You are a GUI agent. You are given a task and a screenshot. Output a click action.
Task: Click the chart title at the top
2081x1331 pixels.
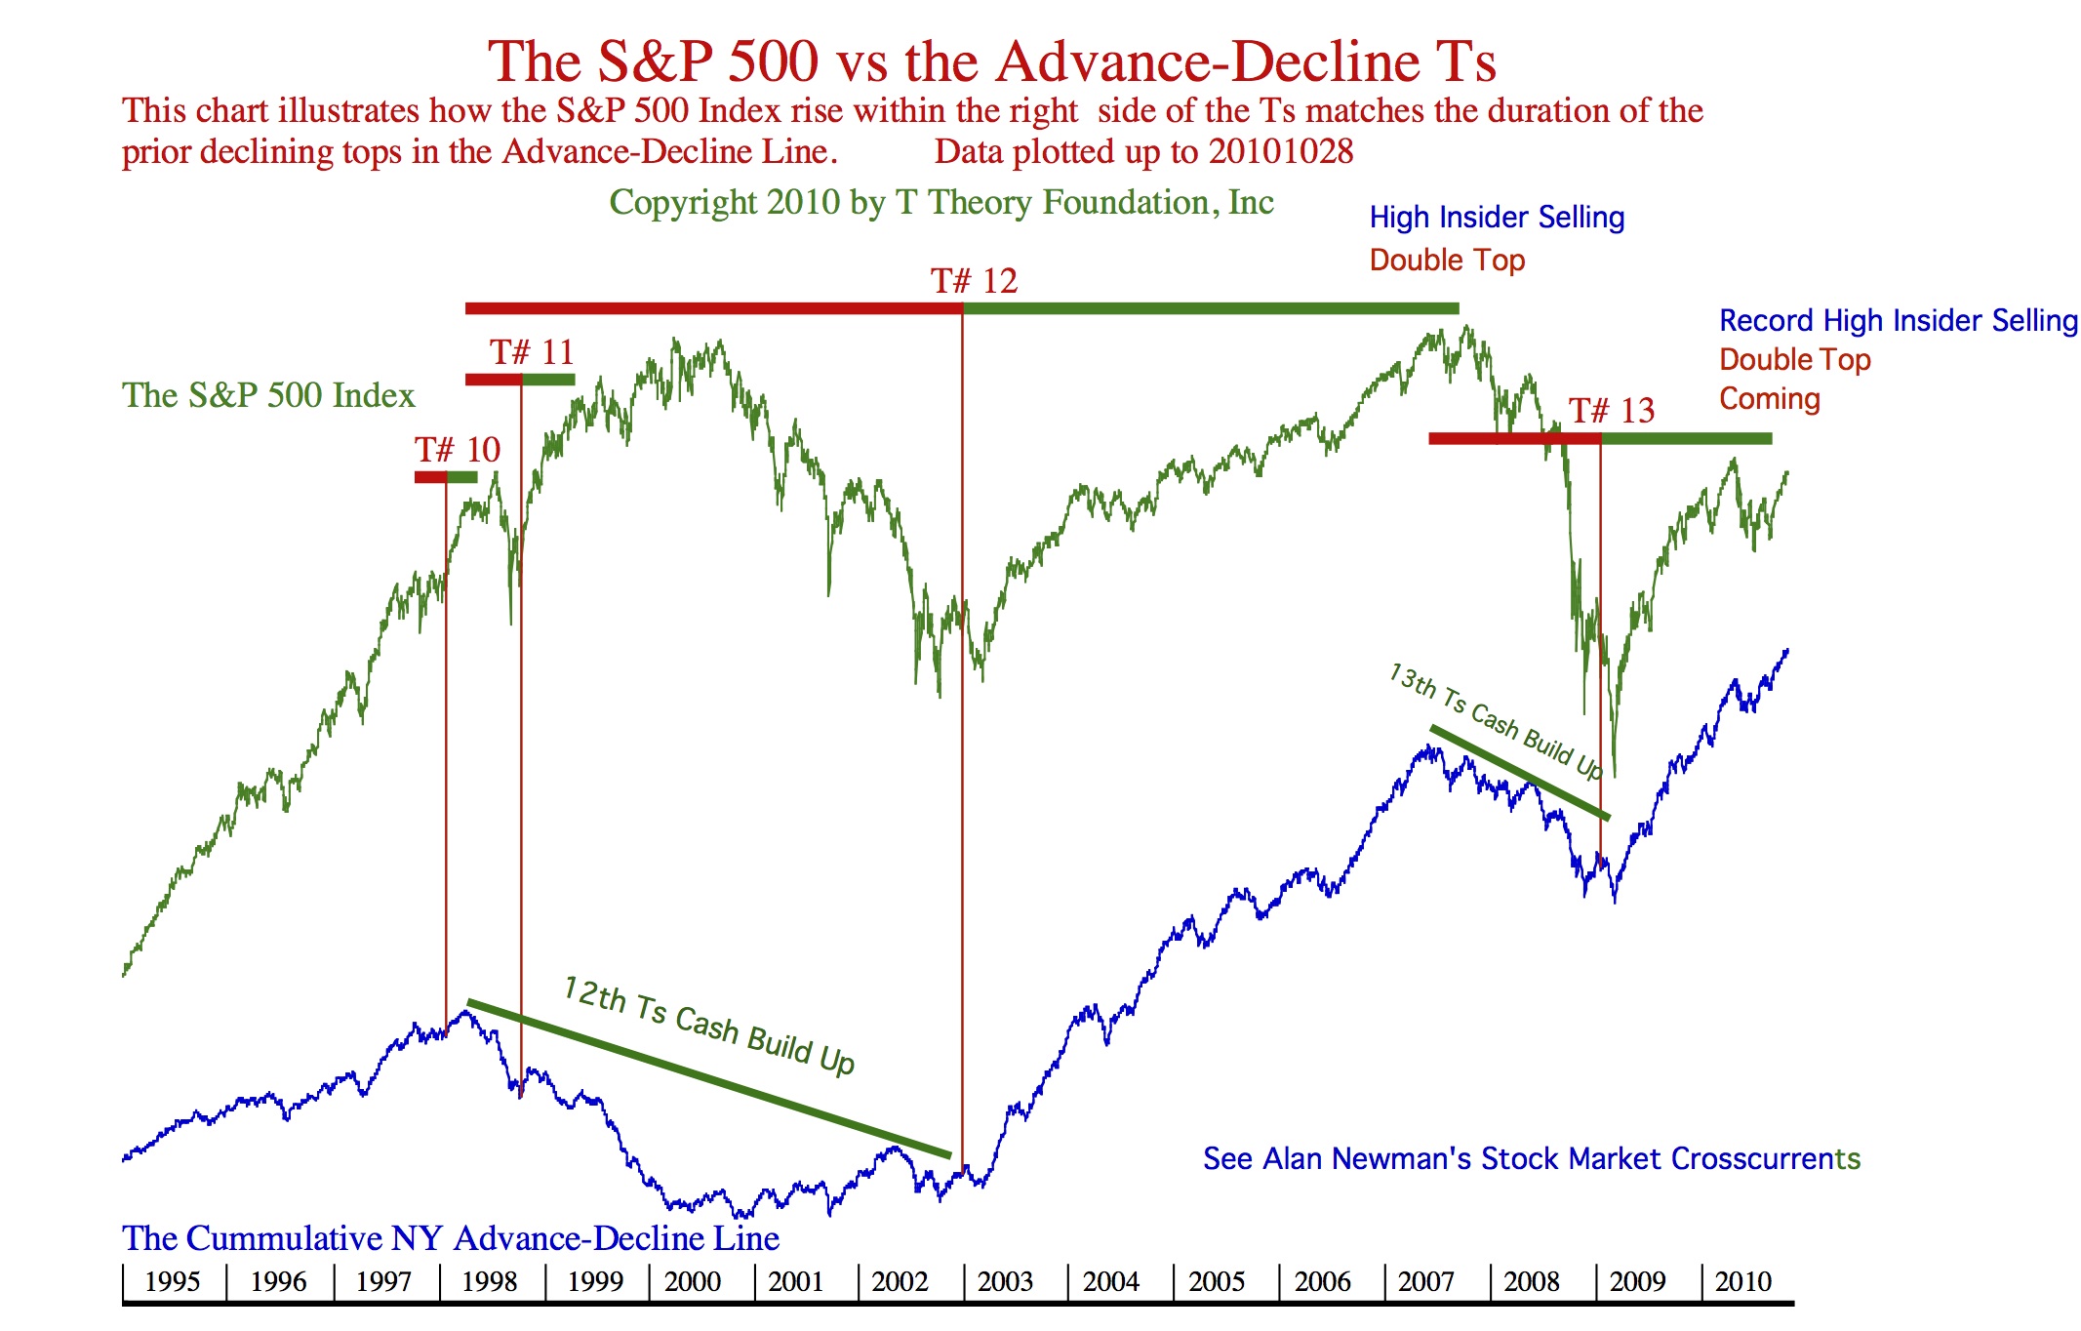pyautogui.click(x=991, y=61)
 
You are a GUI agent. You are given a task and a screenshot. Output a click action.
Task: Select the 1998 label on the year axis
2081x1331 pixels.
pyautogui.click(x=490, y=1281)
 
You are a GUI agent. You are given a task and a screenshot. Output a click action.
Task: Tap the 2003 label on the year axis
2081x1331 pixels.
pyautogui.click(x=1005, y=1281)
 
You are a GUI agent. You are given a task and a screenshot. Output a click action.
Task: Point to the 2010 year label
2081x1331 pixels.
pyautogui.click(x=1742, y=1281)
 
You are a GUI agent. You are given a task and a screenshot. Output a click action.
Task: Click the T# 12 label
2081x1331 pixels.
pyautogui.click(x=974, y=281)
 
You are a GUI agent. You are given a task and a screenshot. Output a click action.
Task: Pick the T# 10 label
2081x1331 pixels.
pyautogui.click(x=457, y=450)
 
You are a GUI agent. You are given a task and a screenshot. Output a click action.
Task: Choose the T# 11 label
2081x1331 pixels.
pyautogui.click(x=532, y=352)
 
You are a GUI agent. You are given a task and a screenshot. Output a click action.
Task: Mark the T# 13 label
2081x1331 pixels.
pyautogui.click(x=1612, y=411)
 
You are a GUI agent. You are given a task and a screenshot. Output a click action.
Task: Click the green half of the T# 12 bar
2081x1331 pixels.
pyautogui.click(x=1210, y=308)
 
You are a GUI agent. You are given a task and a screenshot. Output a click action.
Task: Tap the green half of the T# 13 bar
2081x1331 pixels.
pyautogui.click(x=1686, y=439)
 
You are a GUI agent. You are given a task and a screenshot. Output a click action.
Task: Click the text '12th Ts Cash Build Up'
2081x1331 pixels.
pyautogui.click(x=709, y=1026)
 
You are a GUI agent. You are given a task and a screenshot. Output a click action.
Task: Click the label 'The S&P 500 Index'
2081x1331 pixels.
pyautogui.click(x=268, y=395)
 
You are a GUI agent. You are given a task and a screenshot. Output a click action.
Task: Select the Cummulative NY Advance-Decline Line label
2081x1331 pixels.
pyautogui.click(x=450, y=1238)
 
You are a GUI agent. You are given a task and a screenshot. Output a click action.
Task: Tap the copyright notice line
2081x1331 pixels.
pyautogui.click(x=941, y=202)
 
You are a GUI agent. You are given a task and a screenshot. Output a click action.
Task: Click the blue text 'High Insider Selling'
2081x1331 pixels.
pyautogui.click(x=1497, y=218)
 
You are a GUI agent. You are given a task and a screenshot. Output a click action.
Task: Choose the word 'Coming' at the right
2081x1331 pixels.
pyautogui.click(x=1769, y=399)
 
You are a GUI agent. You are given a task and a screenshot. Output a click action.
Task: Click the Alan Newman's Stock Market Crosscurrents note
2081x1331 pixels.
pyautogui.click(x=1531, y=1158)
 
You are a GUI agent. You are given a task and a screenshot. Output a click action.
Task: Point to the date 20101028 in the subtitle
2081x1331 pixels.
pyautogui.click(x=1280, y=152)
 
